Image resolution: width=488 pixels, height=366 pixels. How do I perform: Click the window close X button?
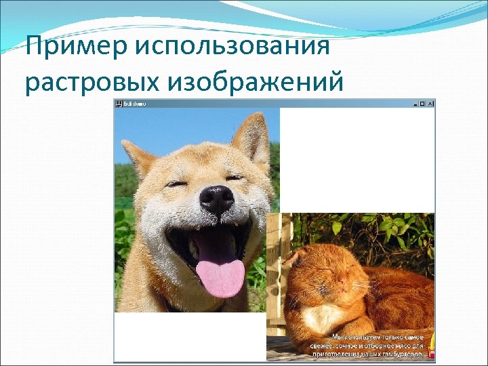[430, 104]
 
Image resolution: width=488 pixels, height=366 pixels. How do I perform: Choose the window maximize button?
[422, 104]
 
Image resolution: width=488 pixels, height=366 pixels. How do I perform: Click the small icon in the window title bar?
[119, 104]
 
